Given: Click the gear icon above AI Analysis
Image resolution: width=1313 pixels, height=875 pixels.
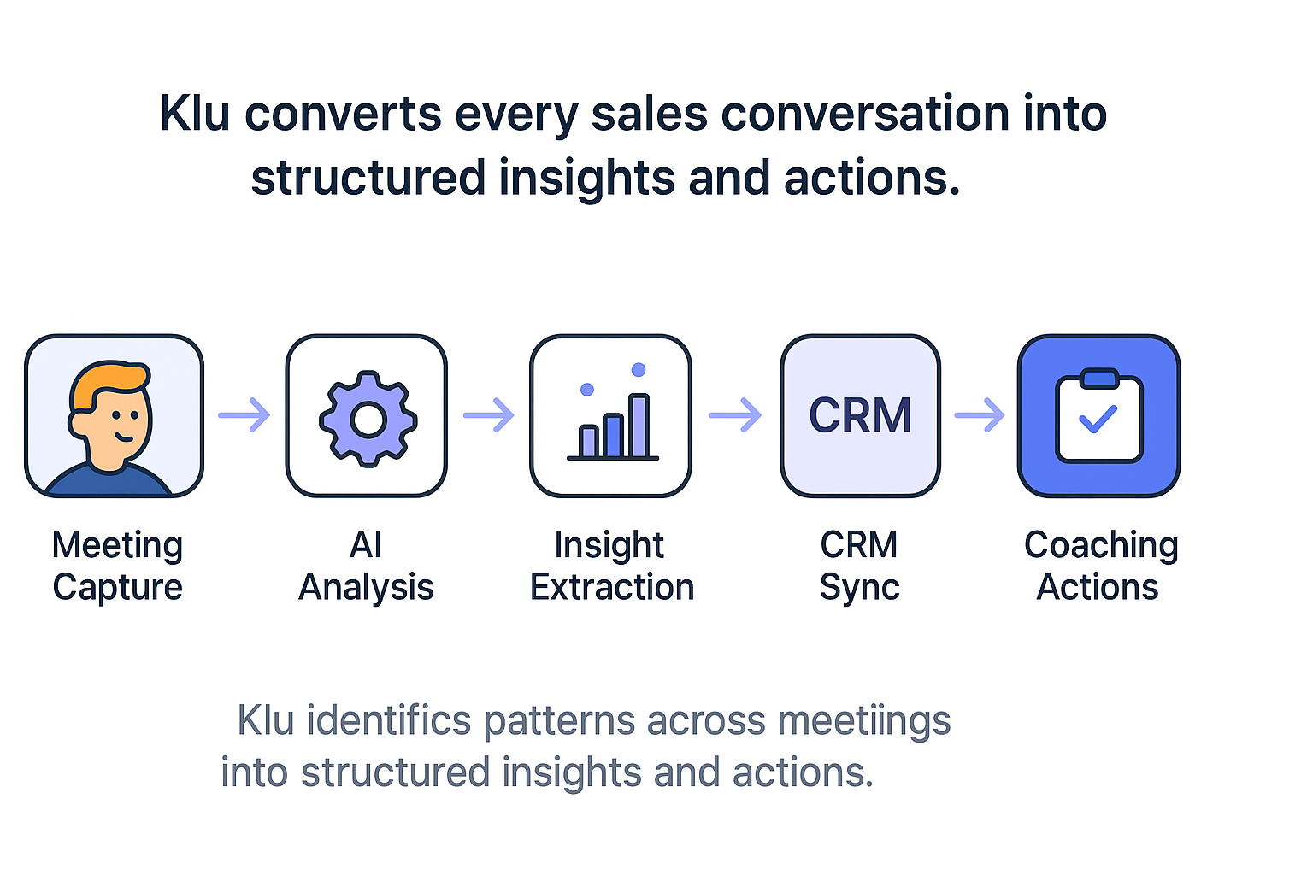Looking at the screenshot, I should click(x=368, y=418).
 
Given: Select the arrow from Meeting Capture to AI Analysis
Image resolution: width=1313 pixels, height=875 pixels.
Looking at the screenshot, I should click(x=244, y=415).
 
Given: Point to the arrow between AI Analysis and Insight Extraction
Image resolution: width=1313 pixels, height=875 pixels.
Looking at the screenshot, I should click(x=489, y=415).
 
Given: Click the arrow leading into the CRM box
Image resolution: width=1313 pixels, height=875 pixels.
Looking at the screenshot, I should click(x=735, y=415).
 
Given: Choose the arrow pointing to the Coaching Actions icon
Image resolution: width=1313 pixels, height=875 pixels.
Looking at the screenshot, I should click(x=980, y=415).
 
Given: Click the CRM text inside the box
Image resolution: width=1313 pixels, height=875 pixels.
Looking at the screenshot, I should click(x=860, y=416).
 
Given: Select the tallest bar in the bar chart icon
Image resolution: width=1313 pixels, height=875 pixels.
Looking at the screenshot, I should click(x=639, y=426).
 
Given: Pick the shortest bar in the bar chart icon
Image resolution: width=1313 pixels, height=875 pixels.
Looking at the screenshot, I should click(x=588, y=441).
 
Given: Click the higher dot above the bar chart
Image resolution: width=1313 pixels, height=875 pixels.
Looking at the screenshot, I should click(x=639, y=370).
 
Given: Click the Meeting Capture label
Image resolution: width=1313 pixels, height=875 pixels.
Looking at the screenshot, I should click(x=117, y=566).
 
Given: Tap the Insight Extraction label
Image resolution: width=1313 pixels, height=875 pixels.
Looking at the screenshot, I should click(x=611, y=566).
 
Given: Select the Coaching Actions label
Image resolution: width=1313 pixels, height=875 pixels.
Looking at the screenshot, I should click(x=1100, y=566).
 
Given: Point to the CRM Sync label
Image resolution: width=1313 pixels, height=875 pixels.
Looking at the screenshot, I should click(x=859, y=566).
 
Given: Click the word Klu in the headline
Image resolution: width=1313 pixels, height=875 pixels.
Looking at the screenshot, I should click(x=195, y=114).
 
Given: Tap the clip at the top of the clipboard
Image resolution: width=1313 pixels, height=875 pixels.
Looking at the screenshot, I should click(x=1098, y=379).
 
